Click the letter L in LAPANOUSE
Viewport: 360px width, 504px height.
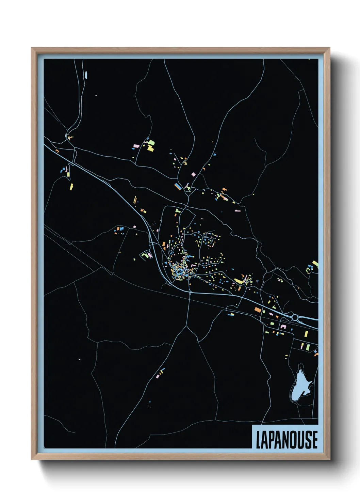(x=258, y=440)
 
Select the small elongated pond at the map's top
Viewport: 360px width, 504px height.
(x=86, y=75)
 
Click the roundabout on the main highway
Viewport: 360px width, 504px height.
(x=295, y=317)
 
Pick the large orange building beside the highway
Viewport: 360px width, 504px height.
(x=258, y=310)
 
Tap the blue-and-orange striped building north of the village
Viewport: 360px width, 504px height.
(x=178, y=186)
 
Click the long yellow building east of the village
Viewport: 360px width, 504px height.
(x=239, y=281)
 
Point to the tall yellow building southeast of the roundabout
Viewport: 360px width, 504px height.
(x=306, y=333)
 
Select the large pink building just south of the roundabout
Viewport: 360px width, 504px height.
(x=283, y=327)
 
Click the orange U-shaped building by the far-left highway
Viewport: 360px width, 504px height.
(x=57, y=151)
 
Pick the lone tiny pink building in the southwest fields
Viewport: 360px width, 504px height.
(x=79, y=359)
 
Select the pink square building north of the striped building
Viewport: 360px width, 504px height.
(x=193, y=174)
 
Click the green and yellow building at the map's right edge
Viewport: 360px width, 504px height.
(x=315, y=264)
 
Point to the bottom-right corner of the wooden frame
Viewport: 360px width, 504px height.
(x=329, y=459)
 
